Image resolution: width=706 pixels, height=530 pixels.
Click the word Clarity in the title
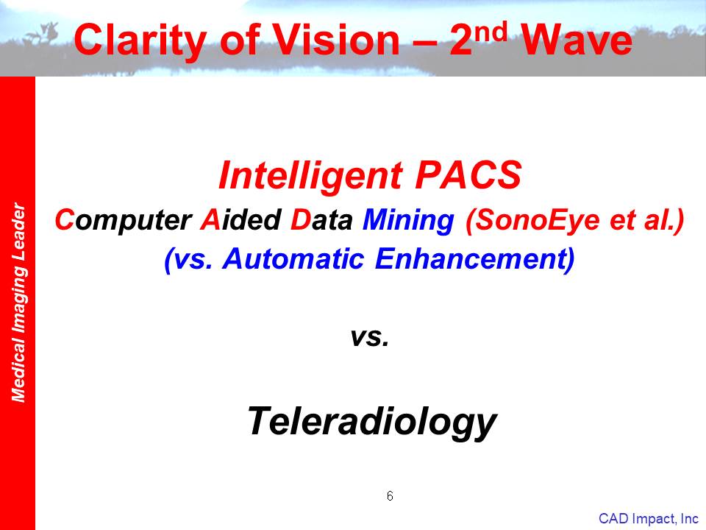point(140,40)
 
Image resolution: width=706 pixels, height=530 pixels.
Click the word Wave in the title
point(577,40)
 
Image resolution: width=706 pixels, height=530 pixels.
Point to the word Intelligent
point(310,176)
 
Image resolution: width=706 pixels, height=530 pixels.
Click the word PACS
point(468,174)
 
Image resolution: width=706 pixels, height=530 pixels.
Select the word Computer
point(124,221)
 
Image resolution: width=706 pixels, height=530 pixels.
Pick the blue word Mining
point(408,221)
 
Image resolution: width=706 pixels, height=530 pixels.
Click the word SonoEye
point(533,221)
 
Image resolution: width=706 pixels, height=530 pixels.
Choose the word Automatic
point(293,258)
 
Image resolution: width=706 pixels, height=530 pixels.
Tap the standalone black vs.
point(370,337)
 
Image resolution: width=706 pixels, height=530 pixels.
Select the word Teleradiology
point(372,422)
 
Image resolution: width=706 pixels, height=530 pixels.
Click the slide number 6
point(390,496)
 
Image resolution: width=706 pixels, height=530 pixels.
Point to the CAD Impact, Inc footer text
point(649,519)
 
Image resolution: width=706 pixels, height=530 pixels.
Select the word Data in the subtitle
point(321,219)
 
